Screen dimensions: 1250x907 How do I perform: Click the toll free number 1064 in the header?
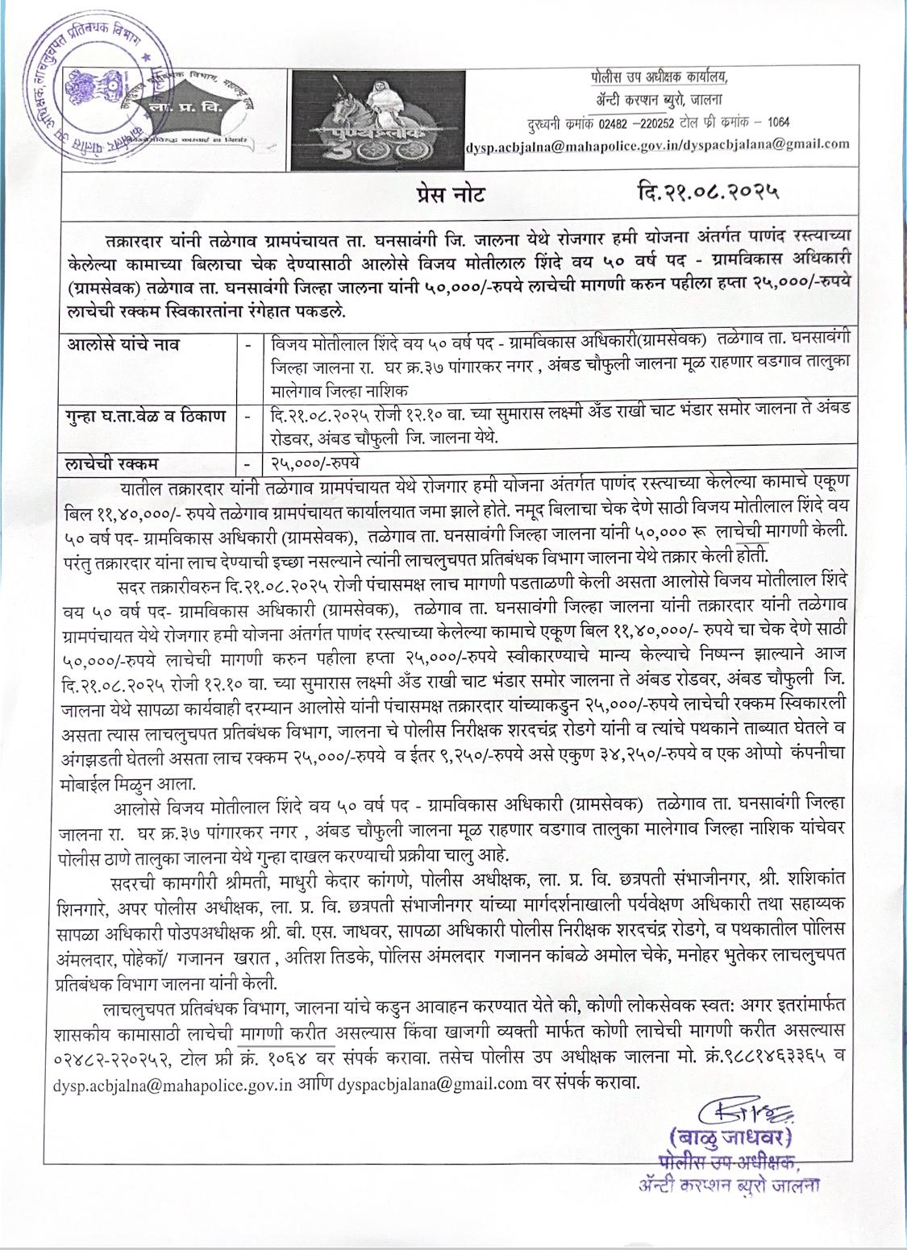coord(778,123)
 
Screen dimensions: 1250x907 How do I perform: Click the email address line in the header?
coord(657,144)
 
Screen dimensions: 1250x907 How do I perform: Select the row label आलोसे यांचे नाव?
coord(125,345)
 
